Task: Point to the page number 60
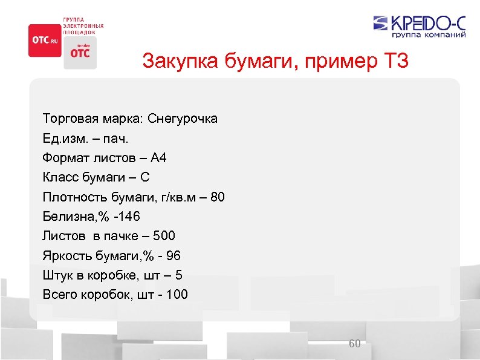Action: coord(355,344)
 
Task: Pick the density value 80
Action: coord(217,197)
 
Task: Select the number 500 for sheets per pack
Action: coord(164,236)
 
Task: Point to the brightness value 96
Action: coord(172,256)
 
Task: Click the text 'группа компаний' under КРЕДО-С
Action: coord(430,35)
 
